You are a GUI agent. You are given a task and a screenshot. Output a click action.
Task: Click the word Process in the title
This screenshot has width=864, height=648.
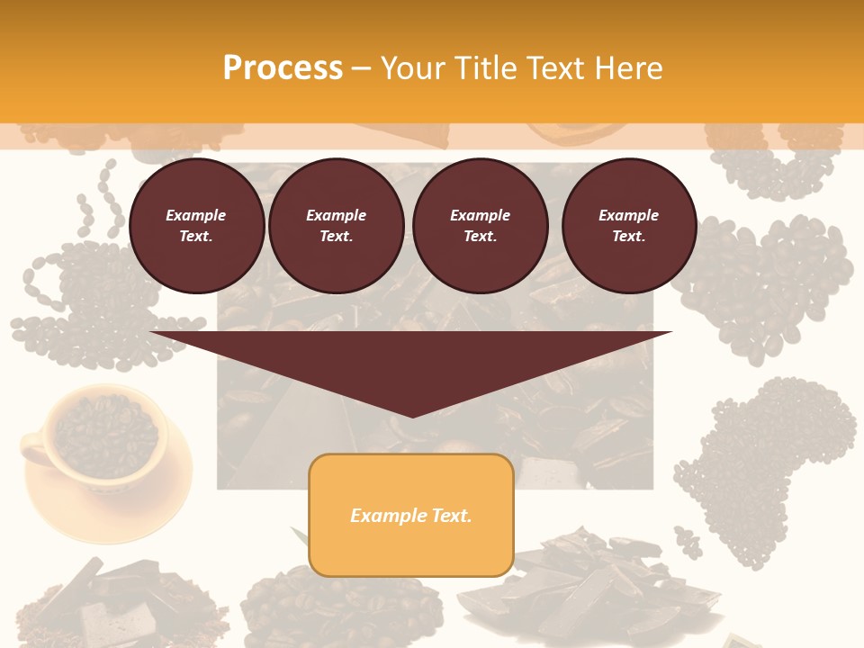pos(283,67)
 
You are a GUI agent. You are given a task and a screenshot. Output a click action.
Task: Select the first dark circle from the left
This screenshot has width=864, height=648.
pos(196,226)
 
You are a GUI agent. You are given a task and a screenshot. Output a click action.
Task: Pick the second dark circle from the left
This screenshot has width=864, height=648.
pos(336,226)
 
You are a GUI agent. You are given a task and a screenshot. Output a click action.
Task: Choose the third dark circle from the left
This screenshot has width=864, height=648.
pos(480,226)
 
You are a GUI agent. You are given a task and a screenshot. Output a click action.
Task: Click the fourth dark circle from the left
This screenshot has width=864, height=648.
pos(628,226)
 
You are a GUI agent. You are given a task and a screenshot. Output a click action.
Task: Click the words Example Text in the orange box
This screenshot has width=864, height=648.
pos(410,516)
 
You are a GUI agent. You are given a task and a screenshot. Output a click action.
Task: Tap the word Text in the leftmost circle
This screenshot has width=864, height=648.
pos(196,237)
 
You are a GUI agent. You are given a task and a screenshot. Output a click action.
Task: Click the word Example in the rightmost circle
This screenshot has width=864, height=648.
pos(628,215)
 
